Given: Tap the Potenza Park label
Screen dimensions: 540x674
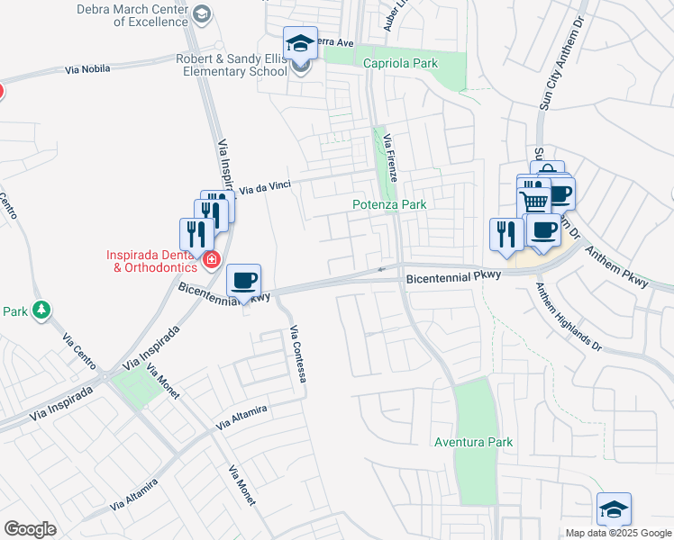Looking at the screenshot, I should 388,204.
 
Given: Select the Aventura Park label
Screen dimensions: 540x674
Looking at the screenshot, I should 473,442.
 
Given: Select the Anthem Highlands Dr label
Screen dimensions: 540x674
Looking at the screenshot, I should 568,316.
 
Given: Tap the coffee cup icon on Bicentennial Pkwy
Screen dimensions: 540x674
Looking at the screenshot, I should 243,280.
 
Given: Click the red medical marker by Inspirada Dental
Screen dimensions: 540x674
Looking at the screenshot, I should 211,260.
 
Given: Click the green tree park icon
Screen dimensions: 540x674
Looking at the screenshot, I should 41,310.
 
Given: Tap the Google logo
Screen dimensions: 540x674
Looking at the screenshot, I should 29,529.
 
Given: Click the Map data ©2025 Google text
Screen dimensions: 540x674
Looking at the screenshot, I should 617,533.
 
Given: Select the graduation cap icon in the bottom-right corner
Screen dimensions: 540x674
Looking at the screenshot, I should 614,508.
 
